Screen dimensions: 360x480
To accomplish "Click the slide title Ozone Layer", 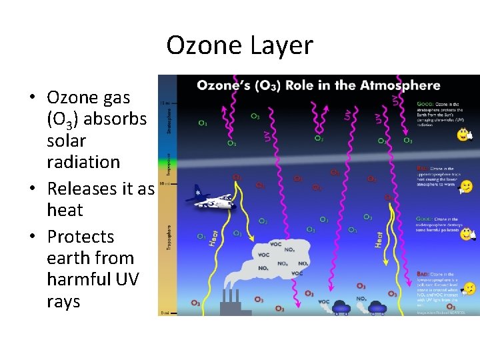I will tap(239, 45).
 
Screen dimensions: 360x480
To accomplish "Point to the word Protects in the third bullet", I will tap(81, 237).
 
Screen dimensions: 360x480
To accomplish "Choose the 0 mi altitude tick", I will tap(163, 312).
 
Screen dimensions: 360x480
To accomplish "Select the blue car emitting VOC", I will tap(340, 307).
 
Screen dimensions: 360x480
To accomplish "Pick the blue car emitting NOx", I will tap(377, 307).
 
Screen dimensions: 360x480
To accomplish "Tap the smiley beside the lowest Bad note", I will tap(469, 288).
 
